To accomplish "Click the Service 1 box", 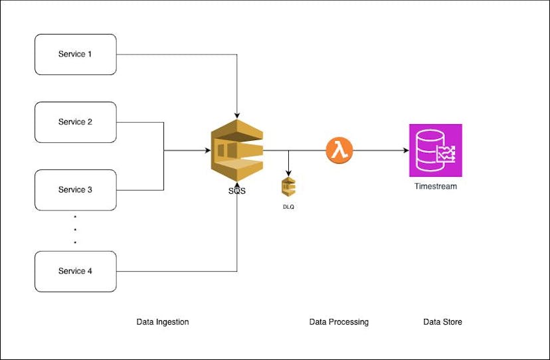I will coord(75,54).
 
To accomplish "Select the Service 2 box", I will coord(75,122).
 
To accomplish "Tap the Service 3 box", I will coord(75,189).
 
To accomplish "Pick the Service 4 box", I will coord(75,271).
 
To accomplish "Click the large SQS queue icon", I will coord(237,150).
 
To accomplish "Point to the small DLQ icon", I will coord(288,187).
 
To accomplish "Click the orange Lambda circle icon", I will coord(339,150).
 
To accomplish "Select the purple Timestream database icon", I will coord(436,150).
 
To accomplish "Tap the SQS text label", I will coord(236,192).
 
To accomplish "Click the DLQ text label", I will coord(288,207).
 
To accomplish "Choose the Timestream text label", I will coord(436,187).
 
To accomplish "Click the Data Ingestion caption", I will coord(163,322).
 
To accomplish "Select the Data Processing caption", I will coord(339,322).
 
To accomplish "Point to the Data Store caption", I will coord(442,322).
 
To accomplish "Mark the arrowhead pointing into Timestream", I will coord(406,150).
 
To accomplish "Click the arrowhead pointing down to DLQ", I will coord(288,173).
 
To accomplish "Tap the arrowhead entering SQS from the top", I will coord(237,115).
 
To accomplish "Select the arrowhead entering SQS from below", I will coord(237,187).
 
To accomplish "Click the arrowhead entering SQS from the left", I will coord(207,150).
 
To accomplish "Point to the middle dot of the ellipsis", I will coord(75,229).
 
